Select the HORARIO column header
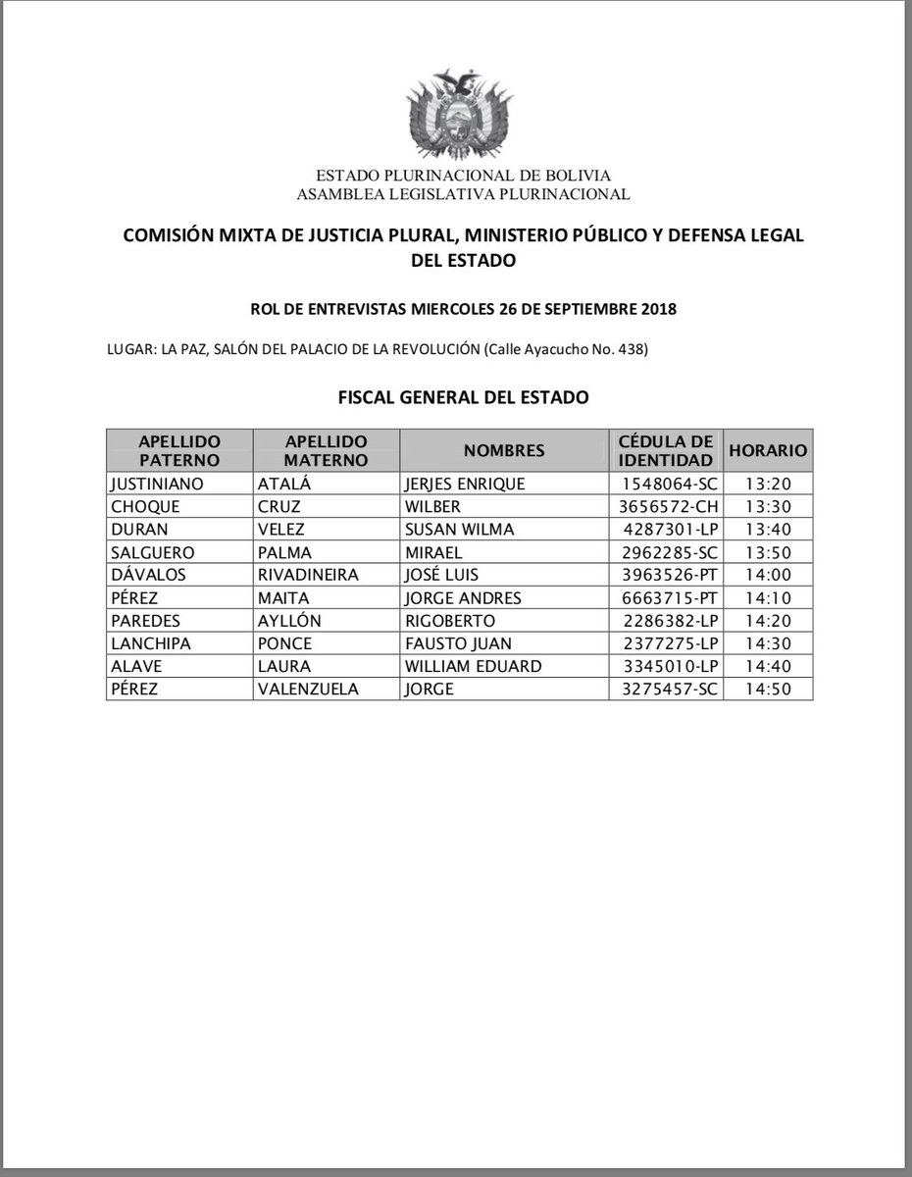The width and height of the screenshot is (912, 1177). click(768, 451)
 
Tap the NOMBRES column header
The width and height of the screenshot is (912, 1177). click(504, 451)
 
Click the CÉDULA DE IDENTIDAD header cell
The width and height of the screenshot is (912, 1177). click(665, 451)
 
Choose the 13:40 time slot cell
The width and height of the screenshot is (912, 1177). click(769, 530)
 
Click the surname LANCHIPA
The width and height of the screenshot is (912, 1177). click(151, 643)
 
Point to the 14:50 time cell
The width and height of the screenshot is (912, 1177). click(769, 689)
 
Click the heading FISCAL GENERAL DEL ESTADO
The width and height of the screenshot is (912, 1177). click(462, 398)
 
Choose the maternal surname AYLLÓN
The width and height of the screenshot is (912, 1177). click(291, 621)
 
